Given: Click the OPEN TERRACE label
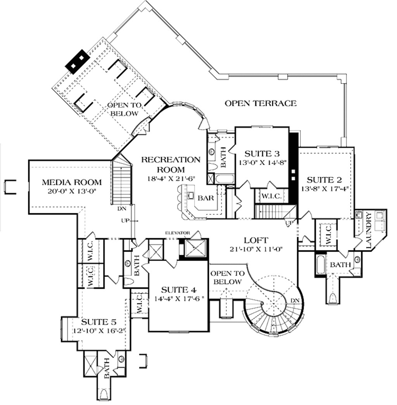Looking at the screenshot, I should [261, 103].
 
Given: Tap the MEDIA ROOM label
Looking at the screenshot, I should [72, 182].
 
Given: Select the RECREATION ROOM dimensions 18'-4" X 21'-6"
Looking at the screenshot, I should [171, 179].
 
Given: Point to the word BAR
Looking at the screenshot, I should [206, 198].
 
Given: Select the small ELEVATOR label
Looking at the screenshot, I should [178, 233].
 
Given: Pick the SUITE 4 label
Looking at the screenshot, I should [179, 290].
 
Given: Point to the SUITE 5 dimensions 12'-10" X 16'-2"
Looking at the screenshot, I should [99, 331].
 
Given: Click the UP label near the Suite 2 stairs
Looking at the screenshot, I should [289, 223].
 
